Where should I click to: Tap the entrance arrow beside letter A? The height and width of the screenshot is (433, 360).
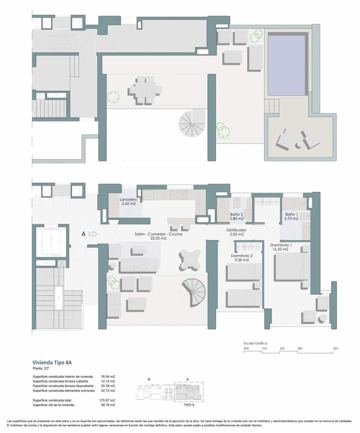(x=93, y=234)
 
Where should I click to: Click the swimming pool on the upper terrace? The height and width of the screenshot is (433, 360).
(x=287, y=65)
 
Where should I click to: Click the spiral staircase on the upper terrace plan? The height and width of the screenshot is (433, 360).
(x=192, y=123)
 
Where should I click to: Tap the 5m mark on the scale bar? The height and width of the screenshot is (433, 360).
(x=336, y=349)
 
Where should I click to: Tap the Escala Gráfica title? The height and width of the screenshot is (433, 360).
(x=255, y=343)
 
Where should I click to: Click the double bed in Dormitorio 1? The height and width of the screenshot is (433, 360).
(x=291, y=267)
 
